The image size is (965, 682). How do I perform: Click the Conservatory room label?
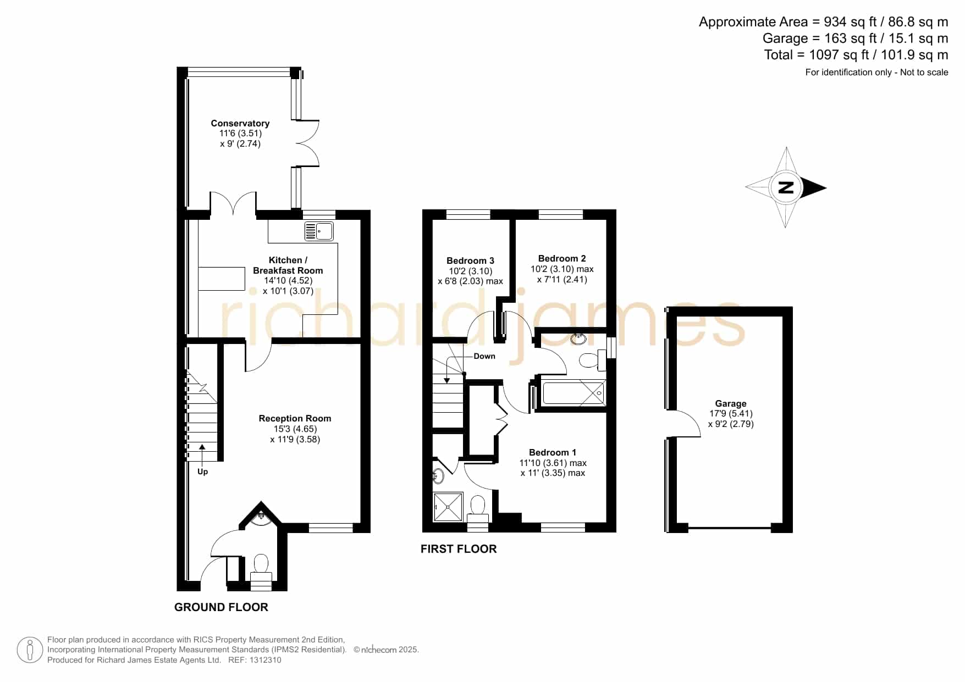click(x=240, y=123)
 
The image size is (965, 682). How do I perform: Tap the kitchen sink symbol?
click(x=319, y=231)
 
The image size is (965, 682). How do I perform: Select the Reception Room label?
click(x=295, y=418)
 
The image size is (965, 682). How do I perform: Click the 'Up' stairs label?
click(x=202, y=472)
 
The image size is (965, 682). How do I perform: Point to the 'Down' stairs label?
click(x=484, y=356)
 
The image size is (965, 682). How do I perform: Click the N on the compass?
click(x=786, y=187)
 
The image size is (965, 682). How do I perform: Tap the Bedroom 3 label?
click(x=470, y=260)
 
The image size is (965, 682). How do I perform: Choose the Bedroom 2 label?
click(x=562, y=258)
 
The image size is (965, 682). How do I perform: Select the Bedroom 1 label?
click(x=553, y=452)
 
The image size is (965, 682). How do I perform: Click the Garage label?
click(x=731, y=403)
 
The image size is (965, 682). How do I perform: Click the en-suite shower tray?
click(x=448, y=507)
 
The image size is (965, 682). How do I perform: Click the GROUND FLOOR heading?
click(x=221, y=607)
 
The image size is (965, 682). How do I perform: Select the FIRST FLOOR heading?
click(x=459, y=549)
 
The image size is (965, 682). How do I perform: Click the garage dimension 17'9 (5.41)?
click(x=731, y=413)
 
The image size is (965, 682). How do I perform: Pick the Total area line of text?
click(x=856, y=55)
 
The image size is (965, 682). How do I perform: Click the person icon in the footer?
click(x=30, y=650)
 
